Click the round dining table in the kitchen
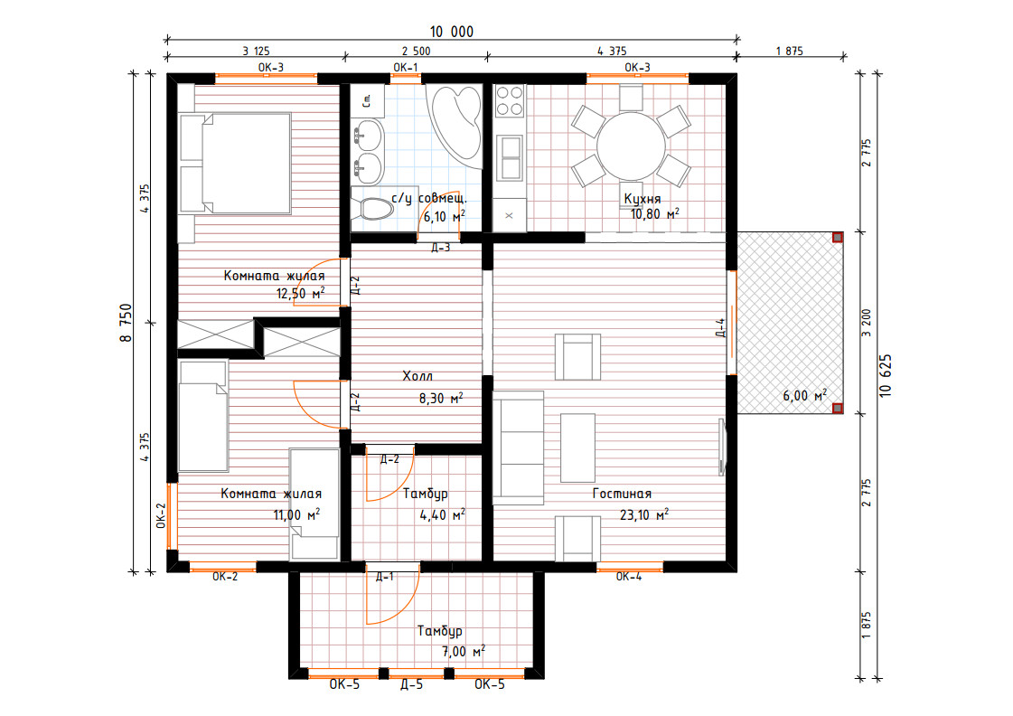(x=631, y=146)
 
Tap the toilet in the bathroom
(x=372, y=208)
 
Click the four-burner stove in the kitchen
(x=509, y=101)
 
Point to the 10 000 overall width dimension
(x=452, y=32)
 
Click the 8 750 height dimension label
(x=126, y=323)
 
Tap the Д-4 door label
(x=720, y=327)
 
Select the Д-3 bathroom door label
(x=441, y=248)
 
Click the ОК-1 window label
(x=406, y=67)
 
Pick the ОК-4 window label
(x=629, y=577)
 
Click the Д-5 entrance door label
(x=411, y=684)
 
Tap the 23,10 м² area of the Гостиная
(x=644, y=515)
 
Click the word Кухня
(x=643, y=198)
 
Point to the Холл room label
(x=417, y=375)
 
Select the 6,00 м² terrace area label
(x=805, y=395)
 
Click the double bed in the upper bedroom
(x=235, y=163)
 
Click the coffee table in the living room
(x=577, y=447)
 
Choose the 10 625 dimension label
(x=885, y=375)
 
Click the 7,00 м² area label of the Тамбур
(x=464, y=652)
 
